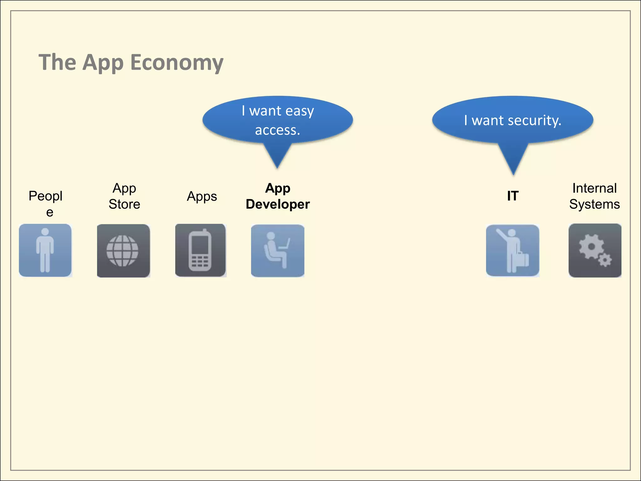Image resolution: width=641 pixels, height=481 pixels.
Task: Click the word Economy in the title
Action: tap(177, 62)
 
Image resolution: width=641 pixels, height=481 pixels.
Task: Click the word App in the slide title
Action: tap(103, 63)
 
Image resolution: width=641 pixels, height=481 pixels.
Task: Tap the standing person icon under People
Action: tap(45, 250)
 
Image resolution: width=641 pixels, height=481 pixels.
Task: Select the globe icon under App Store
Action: tap(123, 251)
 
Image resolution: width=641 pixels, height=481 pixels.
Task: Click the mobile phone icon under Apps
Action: tap(200, 250)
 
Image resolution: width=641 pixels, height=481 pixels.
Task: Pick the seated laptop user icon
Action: tap(277, 251)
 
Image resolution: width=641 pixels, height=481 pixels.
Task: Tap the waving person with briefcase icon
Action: tap(512, 251)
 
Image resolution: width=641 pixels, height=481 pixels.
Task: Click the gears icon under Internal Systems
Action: tap(595, 251)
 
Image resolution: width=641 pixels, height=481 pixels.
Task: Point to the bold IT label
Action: tap(513, 196)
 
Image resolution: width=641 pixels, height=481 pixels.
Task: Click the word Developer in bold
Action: tap(278, 204)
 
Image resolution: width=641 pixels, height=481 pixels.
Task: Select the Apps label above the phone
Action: tap(202, 196)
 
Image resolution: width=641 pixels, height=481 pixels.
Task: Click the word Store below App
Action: tap(124, 204)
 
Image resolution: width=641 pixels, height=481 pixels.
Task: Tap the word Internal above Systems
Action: tap(594, 188)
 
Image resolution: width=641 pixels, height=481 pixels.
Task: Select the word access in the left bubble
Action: tap(277, 130)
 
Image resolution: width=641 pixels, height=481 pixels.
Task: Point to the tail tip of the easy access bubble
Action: tap(277, 168)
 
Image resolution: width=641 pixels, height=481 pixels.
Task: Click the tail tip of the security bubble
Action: tap(513, 174)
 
